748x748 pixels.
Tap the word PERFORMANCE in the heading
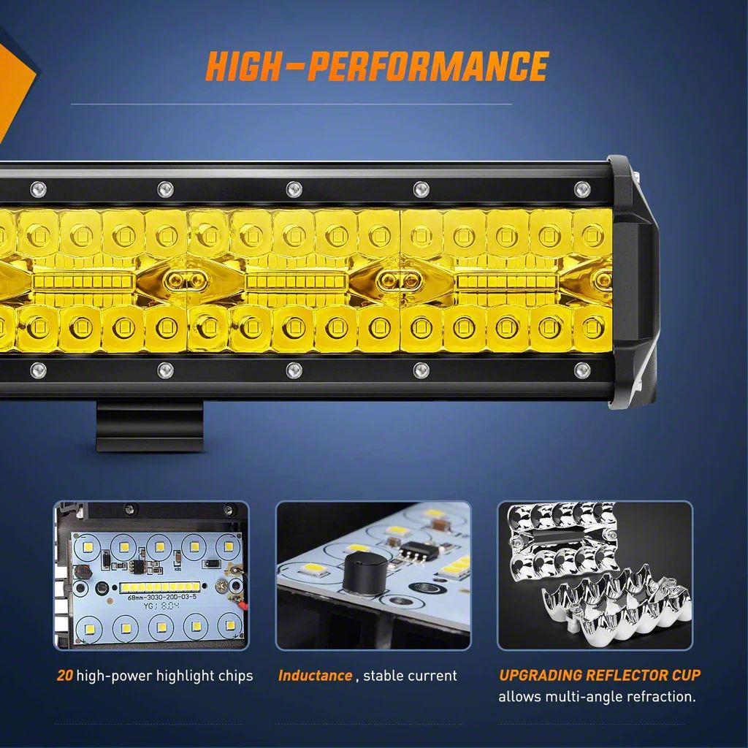pyautogui.click(x=427, y=66)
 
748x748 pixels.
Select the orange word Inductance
pyautogui.click(x=315, y=676)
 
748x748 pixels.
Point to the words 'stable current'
pyautogui.click(x=410, y=676)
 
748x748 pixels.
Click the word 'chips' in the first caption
pyautogui.click(x=235, y=676)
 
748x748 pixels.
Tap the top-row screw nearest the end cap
pyautogui.click(x=581, y=189)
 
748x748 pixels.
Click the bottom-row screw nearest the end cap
pyautogui.click(x=581, y=370)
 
